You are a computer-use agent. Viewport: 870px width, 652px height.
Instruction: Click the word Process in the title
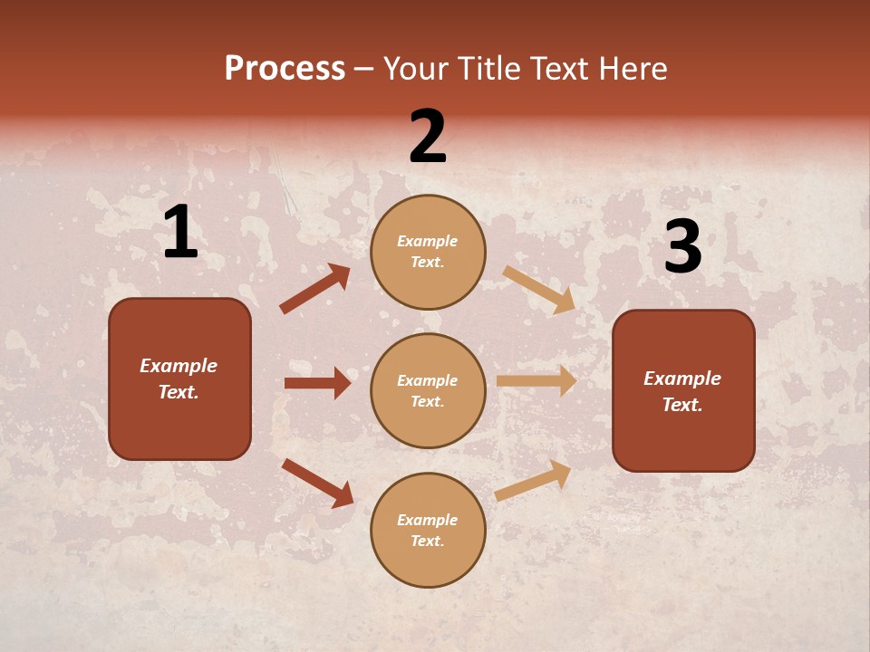(x=285, y=69)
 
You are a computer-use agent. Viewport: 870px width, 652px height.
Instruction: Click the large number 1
(x=180, y=233)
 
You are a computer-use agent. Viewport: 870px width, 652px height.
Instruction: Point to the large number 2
(x=428, y=137)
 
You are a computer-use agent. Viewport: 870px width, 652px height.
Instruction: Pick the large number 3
(x=682, y=246)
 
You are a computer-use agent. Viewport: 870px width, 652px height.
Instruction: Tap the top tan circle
(x=428, y=252)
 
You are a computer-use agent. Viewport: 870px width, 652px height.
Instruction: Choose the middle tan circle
(x=428, y=390)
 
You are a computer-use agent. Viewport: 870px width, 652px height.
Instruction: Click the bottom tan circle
(x=428, y=530)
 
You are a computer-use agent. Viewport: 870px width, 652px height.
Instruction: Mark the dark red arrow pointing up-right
(x=315, y=289)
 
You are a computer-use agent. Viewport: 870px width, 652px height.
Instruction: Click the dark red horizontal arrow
(x=317, y=383)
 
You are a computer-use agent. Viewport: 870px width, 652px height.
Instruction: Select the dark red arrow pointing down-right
(x=317, y=483)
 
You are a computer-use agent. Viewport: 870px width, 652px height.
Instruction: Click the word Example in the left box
(x=179, y=366)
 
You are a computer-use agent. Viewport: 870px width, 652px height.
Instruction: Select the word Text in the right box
(x=681, y=405)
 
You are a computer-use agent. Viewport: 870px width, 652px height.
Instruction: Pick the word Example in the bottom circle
(x=428, y=520)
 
